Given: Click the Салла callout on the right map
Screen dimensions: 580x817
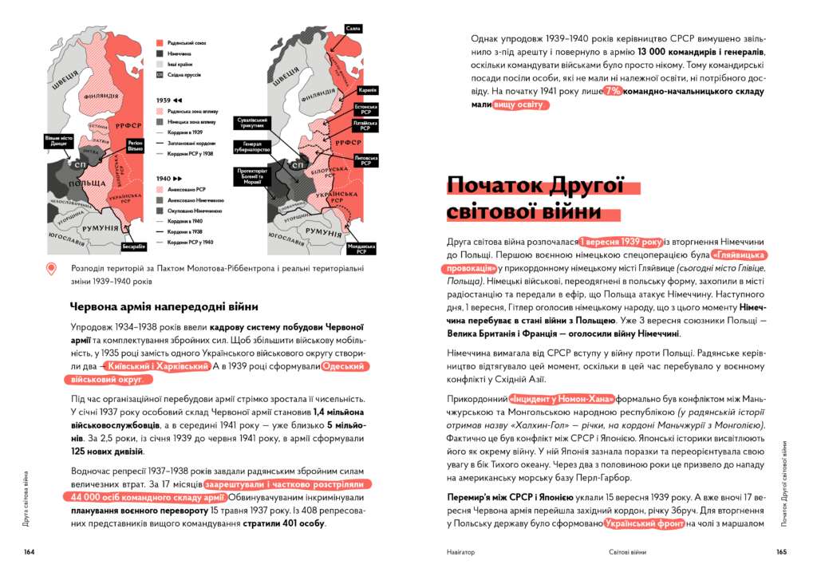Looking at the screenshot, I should (x=353, y=29).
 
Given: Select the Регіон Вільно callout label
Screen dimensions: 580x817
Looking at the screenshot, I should (x=135, y=146).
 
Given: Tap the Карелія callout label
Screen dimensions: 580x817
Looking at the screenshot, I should (x=368, y=90).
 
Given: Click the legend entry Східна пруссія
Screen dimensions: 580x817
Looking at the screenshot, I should (x=179, y=74).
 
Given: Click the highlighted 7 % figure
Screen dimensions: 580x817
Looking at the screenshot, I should (x=611, y=91).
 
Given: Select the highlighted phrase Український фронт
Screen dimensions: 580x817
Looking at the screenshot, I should (x=645, y=523).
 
